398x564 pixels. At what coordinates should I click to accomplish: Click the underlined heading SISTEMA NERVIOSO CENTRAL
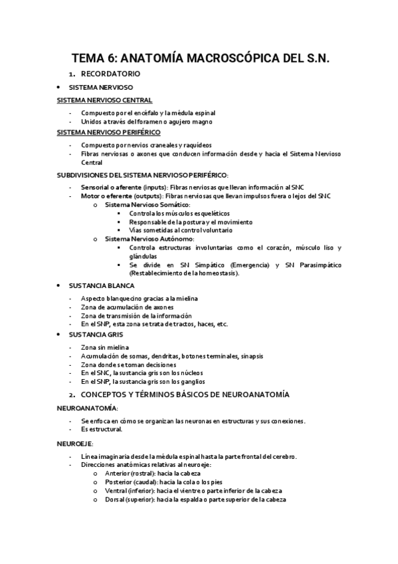pyautogui.click(x=105, y=100)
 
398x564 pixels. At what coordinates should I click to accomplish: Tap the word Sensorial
pyautogui.click(x=98, y=188)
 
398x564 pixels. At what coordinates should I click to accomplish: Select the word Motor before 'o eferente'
pyautogui.click(x=90, y=196)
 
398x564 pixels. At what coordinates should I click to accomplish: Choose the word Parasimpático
pyautogui.click(x=320, y=265)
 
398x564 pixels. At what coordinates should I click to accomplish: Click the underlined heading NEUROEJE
pyautogui.click(x=76, y=443)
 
